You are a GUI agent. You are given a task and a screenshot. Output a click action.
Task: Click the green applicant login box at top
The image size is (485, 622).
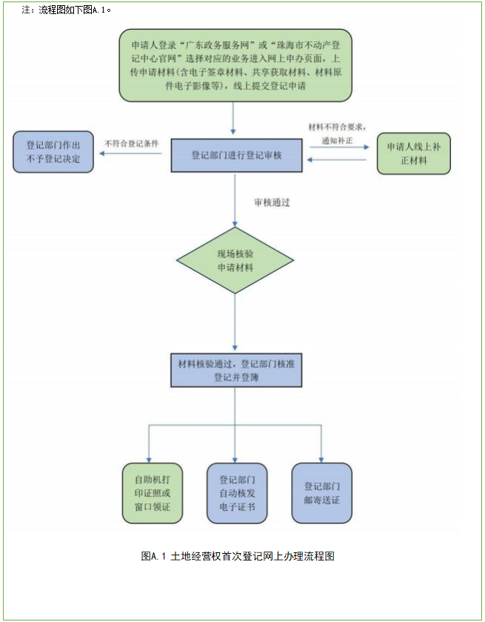[x=235, y=65]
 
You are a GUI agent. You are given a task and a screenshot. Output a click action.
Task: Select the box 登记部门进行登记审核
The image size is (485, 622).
[x=235, y=156]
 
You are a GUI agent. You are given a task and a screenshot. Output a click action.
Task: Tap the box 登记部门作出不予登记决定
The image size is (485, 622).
[x=53, y=152]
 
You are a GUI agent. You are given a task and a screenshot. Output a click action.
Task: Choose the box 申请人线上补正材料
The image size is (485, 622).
[x=413, y=153]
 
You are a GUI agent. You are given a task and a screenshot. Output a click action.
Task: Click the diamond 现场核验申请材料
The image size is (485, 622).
[x=235, y=260]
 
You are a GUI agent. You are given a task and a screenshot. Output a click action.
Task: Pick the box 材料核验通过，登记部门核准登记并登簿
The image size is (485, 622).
[x=235, y=370]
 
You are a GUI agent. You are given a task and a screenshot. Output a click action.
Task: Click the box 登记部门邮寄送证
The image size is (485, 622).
[x=322, y=492]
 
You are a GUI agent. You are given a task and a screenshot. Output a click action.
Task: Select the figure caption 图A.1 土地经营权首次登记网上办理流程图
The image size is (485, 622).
[x=238, y=555]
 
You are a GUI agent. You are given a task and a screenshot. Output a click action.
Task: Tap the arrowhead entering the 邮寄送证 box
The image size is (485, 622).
[x=322, y=458]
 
